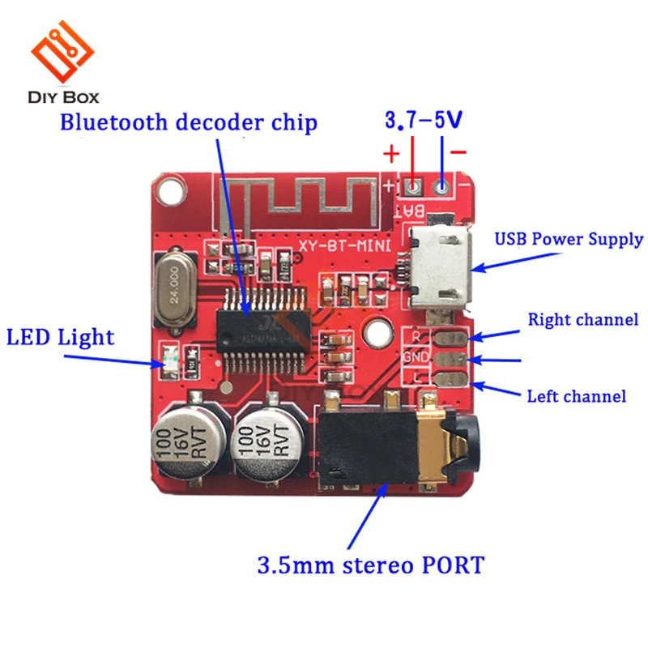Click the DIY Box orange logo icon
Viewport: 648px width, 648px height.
click(x=62, y=50)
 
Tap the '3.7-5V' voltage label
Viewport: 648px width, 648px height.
click(x=424, y=122)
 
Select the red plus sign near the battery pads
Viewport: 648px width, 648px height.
click(x=391, y=154)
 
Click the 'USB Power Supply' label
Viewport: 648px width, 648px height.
click(x=569, y=239)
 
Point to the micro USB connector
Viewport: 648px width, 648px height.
click(x=438, y=268)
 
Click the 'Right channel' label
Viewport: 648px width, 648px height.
click(x=582, y=319)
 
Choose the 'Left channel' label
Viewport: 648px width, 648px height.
click(x=576, y=396)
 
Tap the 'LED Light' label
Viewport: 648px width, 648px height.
click(x=61, y=337)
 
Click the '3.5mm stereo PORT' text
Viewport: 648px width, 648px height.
click(x=370, y=564)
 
